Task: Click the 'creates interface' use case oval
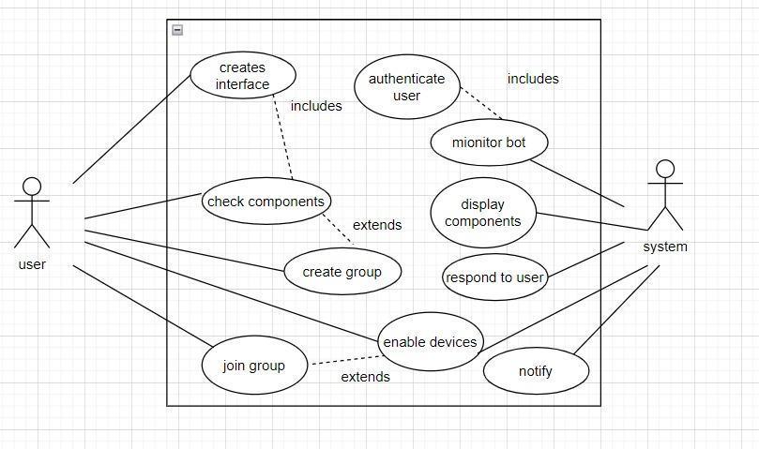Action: click(x=242, y=76)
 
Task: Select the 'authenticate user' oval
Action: click(x=406, y=87)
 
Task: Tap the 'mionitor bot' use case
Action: click(x=489, y=142)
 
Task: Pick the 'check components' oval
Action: click(x=266, y=202)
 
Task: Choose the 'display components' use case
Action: click(x=482, y=213)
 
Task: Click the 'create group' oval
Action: click(x=342, y=272)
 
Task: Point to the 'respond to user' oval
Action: click(x=494, y=277)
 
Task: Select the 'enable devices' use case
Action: click(x=431, y=342)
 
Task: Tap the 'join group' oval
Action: click(x=253, y=366)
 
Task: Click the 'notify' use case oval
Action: click(x=535, y=371)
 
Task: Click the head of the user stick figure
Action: click(x=32, y=187)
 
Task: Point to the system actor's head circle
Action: click(x=665, y=170)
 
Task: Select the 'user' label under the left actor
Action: click(x=32, y=264)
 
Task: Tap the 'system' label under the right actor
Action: click(x=664, y=247)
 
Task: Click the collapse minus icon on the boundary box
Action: click(x=177, y=30)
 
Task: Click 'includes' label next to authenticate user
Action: click(x=533, y=79)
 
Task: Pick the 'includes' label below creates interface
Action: click(x=316, y=106)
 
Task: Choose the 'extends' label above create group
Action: click(x=376, y=225)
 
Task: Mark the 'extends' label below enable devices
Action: click(x=365, y=377)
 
